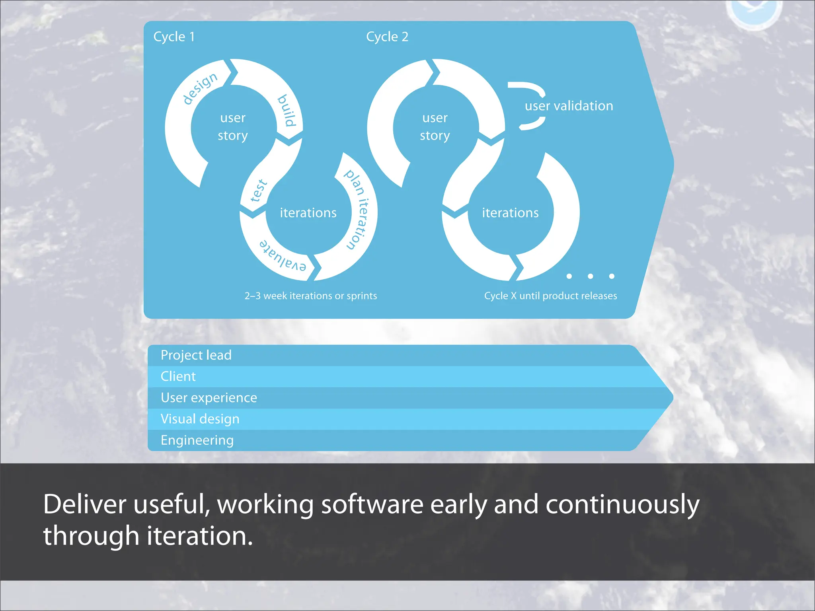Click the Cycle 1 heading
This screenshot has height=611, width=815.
pos(174,37)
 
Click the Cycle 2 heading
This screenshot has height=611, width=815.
pos(387,37)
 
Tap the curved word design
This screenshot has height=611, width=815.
pos(200,88)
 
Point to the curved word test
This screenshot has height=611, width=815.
pos(259,190)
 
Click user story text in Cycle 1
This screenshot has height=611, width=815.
pos(233,126)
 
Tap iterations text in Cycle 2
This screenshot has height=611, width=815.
pos(510,213)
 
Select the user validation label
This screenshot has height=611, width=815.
pos(569,106)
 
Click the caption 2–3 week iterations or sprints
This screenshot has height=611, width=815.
pos(310,296)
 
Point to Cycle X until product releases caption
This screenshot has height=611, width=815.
pos(550,296)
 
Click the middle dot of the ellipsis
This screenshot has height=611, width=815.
pos(590,276)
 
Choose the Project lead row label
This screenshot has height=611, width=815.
pos(196,355)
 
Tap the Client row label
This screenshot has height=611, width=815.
pos(178,376)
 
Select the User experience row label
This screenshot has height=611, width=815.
pos(209,398)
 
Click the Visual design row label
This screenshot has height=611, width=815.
pos(200,419)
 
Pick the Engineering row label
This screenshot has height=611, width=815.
pos(197,440)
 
